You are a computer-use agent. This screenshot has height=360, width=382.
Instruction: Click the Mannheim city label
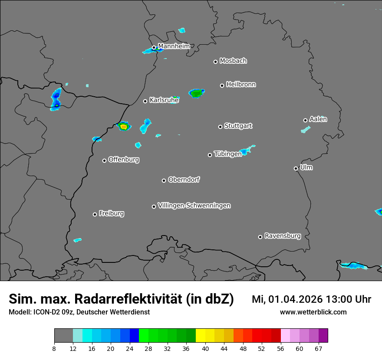tap(174, 46)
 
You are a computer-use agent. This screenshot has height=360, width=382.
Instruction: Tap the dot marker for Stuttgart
tap(220, 127)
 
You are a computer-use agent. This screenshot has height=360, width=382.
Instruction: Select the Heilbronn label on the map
tap(241, 85)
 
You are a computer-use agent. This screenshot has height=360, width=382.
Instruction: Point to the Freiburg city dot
tap(95, 214)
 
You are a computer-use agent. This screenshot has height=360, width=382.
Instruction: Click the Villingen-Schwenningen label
tap(194, 206)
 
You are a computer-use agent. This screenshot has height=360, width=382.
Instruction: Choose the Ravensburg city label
tap(283, 236)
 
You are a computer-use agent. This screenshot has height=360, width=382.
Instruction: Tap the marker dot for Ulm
tap(296, 168)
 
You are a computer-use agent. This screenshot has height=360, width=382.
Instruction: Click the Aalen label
tap(318, 119)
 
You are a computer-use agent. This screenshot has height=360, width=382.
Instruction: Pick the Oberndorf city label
tap(184, 180)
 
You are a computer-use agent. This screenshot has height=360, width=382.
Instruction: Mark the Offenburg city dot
tap(104, 160)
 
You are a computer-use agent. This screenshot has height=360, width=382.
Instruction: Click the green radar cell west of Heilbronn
tap(196, 93)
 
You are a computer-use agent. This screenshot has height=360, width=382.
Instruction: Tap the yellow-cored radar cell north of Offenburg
tap(124, 127)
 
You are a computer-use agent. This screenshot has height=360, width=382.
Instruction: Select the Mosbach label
tap(233, 61)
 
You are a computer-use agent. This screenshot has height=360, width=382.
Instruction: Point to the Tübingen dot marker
tap(210, 155)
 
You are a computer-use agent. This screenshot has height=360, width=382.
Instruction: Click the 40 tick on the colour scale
tap(205, 348)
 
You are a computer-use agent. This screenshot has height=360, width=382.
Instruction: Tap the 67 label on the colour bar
tap(319, 348)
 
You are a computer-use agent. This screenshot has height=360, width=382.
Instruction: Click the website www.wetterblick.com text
tap(313, 312)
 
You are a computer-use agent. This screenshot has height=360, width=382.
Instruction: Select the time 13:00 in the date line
tap(341, 299)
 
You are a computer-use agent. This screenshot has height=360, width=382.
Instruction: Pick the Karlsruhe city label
tap(164, 100)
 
